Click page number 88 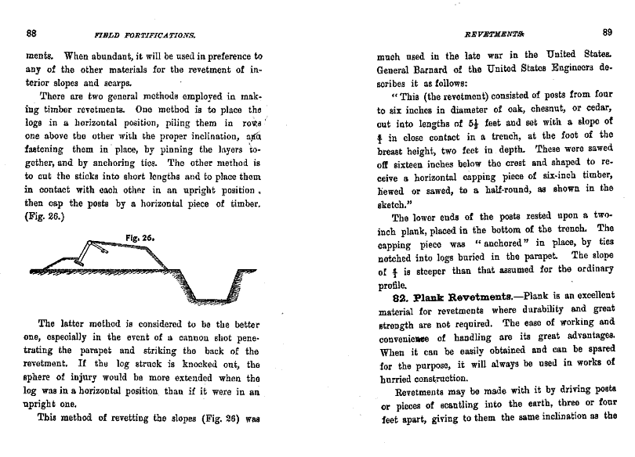(32, 33)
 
